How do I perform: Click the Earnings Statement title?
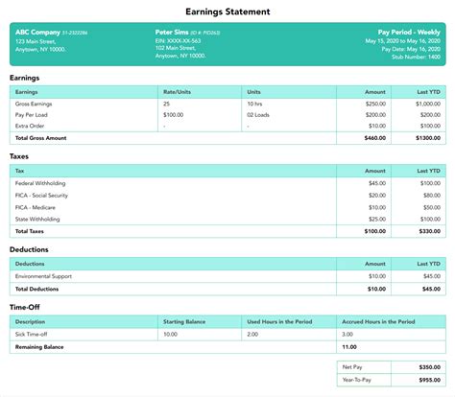[227, 12]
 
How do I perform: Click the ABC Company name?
[36, 32]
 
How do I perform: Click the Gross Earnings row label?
[36, 103]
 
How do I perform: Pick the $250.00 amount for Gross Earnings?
[375, 103]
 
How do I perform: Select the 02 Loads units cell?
[259, 114]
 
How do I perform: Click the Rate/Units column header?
[179, 91]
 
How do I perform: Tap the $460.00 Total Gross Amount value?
[375, 138]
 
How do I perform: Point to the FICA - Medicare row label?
[36, 205]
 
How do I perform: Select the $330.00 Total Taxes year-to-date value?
[429, 230]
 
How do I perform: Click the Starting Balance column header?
[186, 321]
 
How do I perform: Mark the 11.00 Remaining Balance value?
[349, 346]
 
